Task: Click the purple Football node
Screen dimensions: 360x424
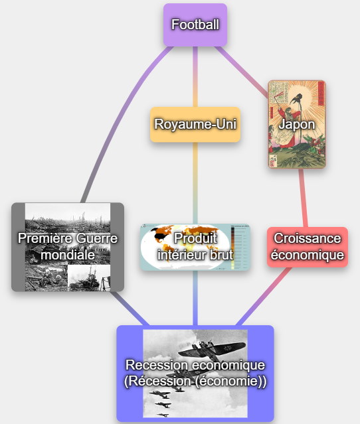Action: point(195,25)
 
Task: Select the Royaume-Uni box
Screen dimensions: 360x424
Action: point(195,124)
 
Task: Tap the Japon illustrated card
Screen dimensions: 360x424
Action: point(297,124)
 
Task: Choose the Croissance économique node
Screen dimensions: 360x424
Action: point(308,247)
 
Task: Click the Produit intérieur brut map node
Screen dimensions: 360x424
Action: point(195,247)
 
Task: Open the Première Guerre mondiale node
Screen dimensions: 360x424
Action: point(68,247)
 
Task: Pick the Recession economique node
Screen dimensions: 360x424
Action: point(195,374)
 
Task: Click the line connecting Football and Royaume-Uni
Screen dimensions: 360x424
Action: point(195,77)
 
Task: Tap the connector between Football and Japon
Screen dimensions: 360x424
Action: point(242,71)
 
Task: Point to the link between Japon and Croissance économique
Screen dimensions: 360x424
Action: point(303,198)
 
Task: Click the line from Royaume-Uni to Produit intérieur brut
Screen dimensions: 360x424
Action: point(195,183)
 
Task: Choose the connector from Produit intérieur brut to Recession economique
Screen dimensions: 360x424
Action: point(195,298)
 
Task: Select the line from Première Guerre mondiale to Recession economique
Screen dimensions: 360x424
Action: point(130,309)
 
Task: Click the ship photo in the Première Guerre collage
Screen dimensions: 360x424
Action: point(89,278)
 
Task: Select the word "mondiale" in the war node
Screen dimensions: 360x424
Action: point(68,255)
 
